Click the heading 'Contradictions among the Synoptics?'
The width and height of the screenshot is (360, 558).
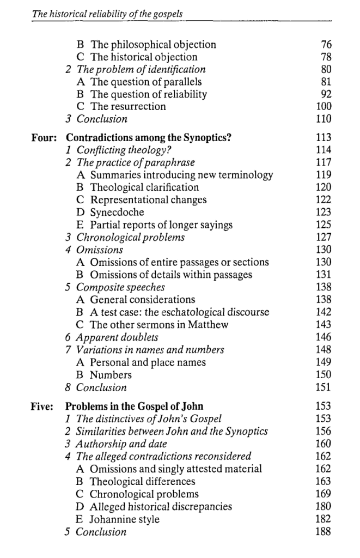(149, 137)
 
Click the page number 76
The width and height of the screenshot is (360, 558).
(326, 45)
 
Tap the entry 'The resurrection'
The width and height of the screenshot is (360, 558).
(128, 106)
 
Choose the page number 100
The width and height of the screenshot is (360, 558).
(324, 106)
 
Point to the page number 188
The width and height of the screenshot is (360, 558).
(324, 532)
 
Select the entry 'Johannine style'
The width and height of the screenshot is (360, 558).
(125, 519)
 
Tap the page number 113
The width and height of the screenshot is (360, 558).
(324, 137)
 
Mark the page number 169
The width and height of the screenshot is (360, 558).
(324, 494)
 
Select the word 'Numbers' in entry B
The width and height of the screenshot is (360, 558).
(111, 375)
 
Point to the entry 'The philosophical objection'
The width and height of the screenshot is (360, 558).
(153, 45)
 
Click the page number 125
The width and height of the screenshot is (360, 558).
(324, 225)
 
